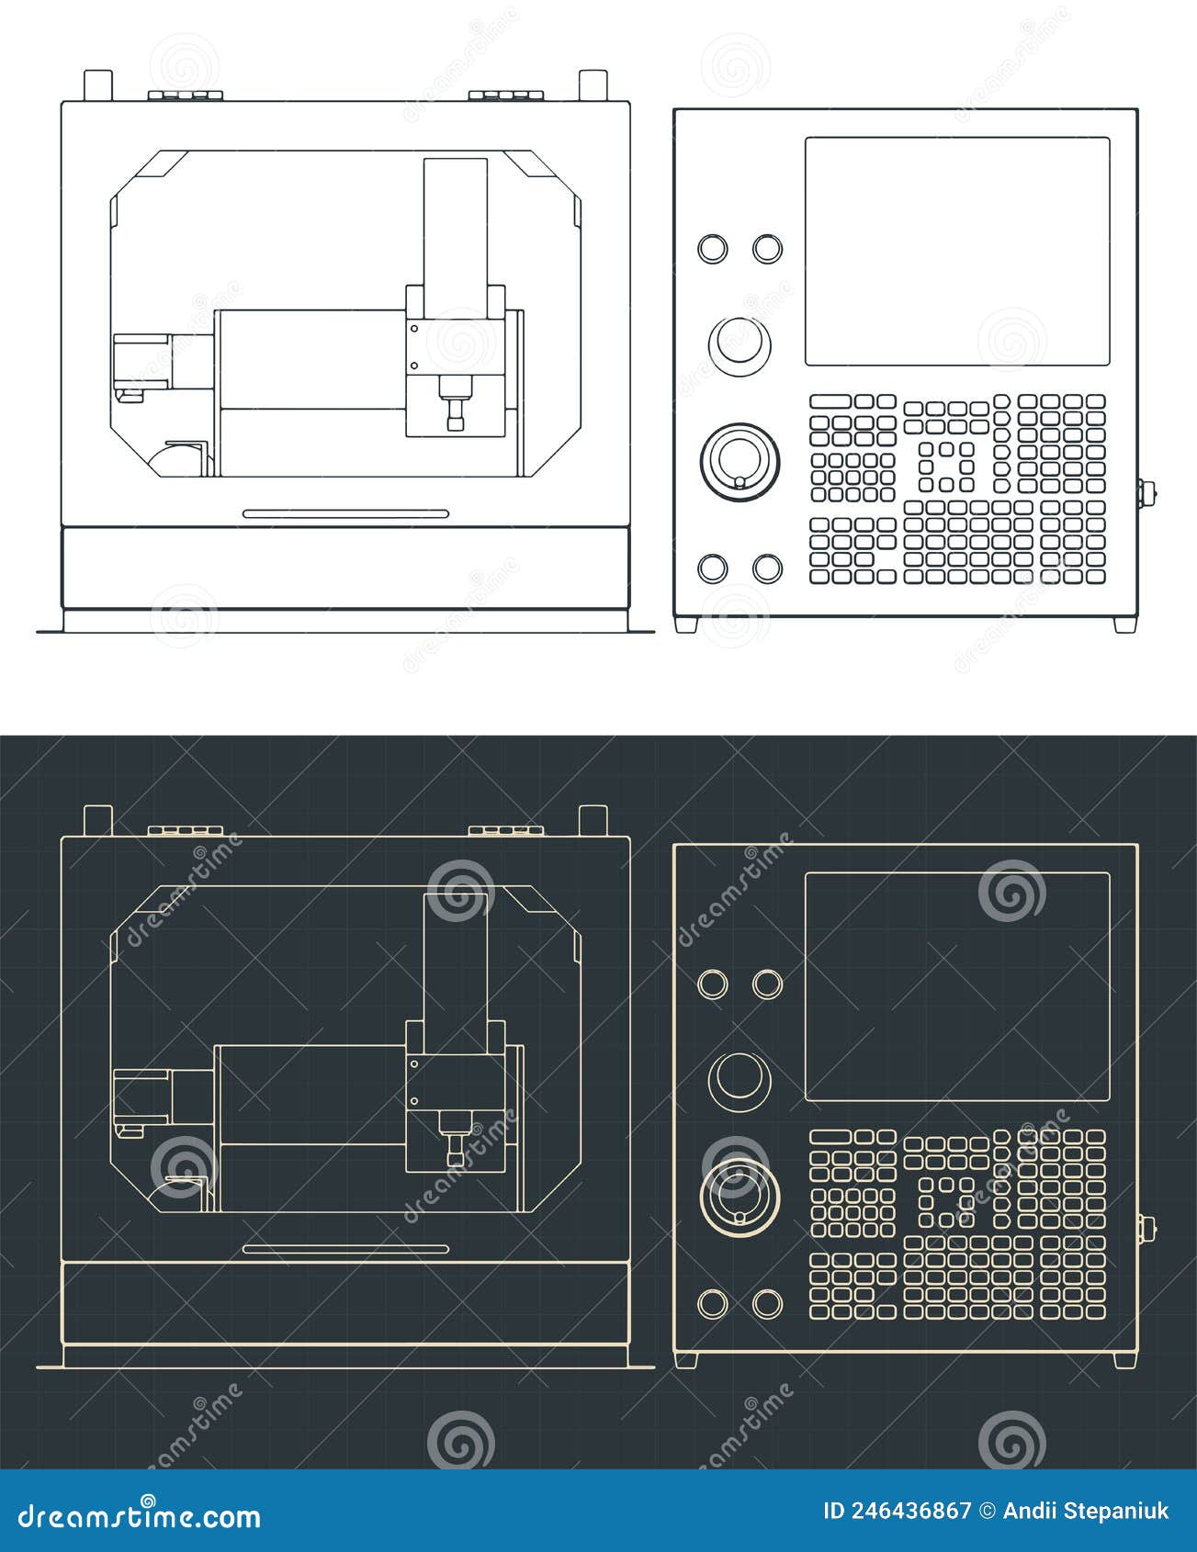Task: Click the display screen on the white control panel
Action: tap(957, 251)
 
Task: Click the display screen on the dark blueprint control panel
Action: tap(957, 985)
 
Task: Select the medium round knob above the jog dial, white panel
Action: tap(740, 343)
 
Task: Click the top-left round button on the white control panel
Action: tap(712, 249)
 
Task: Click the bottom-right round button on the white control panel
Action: tap(767, 568)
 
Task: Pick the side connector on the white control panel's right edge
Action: tap(1146, 493)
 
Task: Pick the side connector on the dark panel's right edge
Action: tap(1146, 1229)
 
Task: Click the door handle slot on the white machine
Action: tap(345, 513)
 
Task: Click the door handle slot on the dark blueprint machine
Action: tap(345, 1249)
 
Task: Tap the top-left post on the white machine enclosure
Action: tap(97, 84)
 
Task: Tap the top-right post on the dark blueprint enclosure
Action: tap(593, 819)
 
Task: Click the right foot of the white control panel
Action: tap(1124, 624)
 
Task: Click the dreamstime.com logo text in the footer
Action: tap(140, 1515)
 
